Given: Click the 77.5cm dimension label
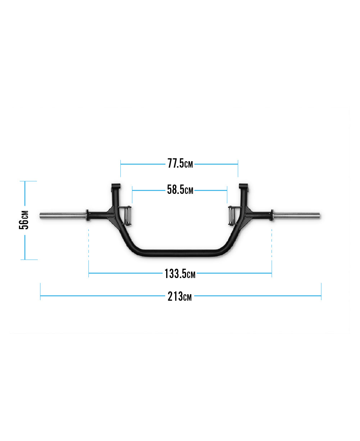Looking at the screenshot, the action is [x=180, y=164].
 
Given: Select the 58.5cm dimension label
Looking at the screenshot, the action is [x=180, y=190].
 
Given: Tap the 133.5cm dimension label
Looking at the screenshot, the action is [x=180, y=274].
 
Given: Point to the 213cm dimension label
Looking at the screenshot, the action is [x=179, y=296].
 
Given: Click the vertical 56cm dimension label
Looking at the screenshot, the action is [x=24, y=220].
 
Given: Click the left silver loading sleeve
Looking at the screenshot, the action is [x=63, y=216].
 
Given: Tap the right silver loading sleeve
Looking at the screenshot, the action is [x=297, y=216].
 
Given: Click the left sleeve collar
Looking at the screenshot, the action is [x=87, y=215].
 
